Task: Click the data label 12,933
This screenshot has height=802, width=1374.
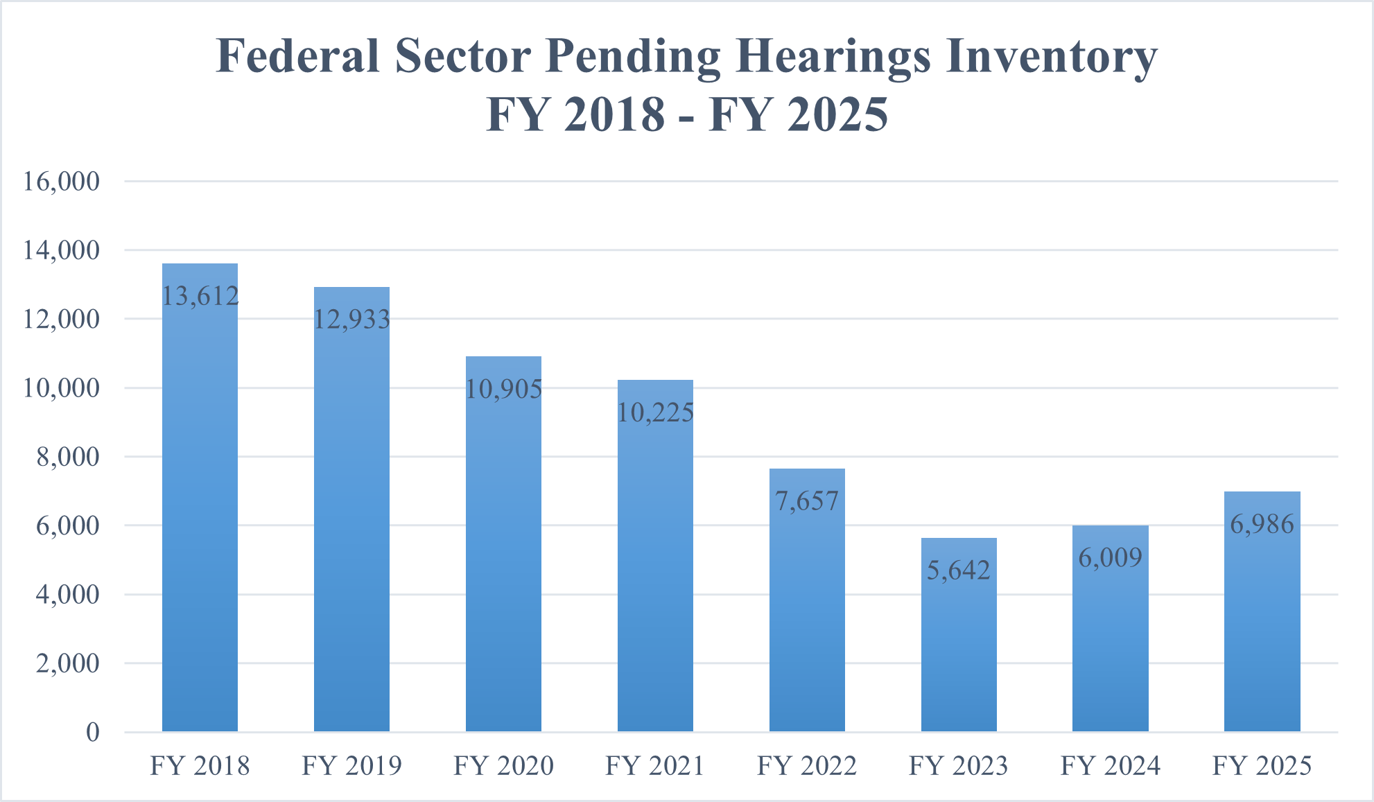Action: point(351,320)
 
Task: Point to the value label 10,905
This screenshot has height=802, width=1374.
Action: point(503,389)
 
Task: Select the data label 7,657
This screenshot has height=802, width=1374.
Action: point(807,500)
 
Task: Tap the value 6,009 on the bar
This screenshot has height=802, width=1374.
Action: point(1110,557)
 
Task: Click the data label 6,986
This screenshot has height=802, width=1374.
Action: point(1262,524)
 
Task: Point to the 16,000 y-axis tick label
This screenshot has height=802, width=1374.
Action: point(61,182)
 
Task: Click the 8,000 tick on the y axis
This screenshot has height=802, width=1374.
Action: point(67,457)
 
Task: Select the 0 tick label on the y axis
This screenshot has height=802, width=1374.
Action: point(92,732)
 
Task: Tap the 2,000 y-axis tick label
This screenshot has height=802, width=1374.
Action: point(67,663)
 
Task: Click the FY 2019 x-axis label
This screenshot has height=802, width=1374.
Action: point(351,766)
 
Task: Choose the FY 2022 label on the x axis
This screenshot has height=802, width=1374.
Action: point(807,766)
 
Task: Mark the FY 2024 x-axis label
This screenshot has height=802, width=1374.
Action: point(1110,766)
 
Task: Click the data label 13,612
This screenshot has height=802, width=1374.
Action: point(200,296)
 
